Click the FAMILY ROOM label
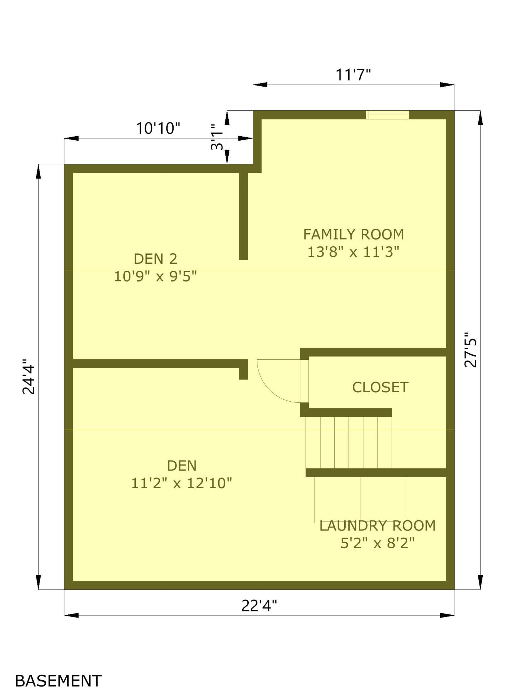pos(353,234)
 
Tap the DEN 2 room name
pos(155,259)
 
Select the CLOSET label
pos(380,387)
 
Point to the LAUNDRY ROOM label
pos(377,526)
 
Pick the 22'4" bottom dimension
pos(259,606)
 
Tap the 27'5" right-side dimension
pos(470,350)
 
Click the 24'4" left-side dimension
pos(28,377)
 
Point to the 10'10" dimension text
pos(158,128)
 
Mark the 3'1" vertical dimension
pos(217,137)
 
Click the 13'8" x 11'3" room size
pos(353,252)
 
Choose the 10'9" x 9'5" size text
pos(155,277)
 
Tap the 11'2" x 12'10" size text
pos(181,484)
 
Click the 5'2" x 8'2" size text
pos(377,543)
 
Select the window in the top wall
pos(387,115)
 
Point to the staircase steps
pos(349,442)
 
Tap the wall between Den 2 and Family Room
pos(243,216)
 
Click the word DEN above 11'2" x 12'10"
pos(181,466)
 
